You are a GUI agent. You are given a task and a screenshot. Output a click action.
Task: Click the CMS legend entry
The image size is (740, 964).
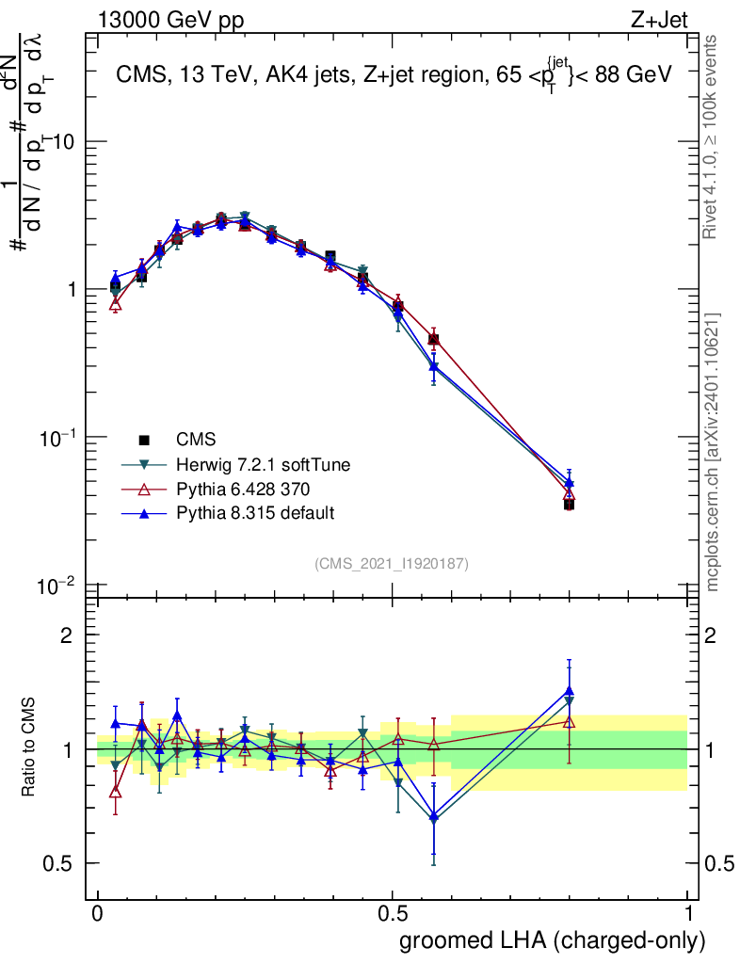click(196, 439)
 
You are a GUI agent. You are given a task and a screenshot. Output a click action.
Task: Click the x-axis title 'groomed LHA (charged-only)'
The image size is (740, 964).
click(554, 940)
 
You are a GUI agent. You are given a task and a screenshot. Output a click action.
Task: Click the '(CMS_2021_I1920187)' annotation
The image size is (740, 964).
click(392, 563)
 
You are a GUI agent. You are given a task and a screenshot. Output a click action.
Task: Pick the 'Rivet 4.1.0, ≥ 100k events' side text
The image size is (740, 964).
click(713, 137)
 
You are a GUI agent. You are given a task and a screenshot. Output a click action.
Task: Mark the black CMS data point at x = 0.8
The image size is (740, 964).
click(569, 505)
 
